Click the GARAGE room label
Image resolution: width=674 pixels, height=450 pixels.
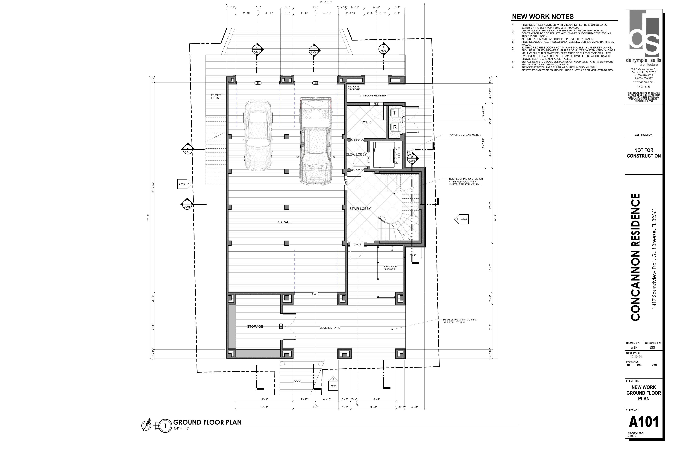[x=284, y=222]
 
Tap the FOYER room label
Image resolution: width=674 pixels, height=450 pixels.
[x=365, y=122]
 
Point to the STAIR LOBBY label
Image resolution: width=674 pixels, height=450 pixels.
[x=360, y=209]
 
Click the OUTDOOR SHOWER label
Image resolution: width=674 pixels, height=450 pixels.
[x=390, y=268]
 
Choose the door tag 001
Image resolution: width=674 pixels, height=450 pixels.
[x=316, y=294]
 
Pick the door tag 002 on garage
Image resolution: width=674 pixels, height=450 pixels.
[x=258, y=83]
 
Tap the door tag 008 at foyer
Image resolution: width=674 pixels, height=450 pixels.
[x=376, y=104]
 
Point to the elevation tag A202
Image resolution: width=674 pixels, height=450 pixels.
[x=463, y=219]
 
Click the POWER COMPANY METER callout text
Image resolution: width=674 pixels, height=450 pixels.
[x=464, y=135]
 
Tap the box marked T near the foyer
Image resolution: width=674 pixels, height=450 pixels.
[x=395, y=113]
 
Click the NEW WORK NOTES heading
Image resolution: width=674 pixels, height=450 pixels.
[x=543, y=17]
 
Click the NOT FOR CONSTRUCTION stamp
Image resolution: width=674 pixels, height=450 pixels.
[x=644, y=153]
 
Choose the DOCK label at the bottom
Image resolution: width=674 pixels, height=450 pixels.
[x=297, y=381]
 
